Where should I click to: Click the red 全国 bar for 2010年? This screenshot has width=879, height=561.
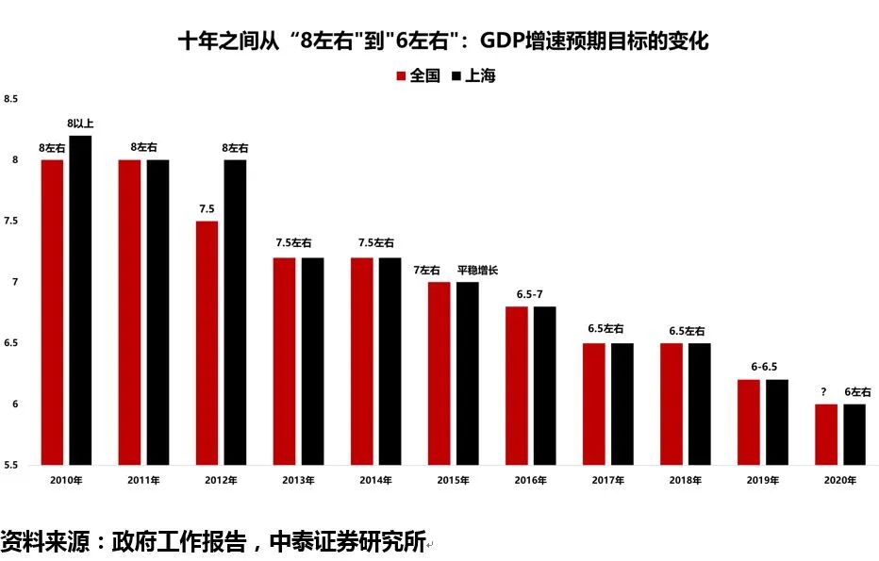(x=52, y=312)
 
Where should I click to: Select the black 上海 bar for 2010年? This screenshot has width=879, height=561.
(x=80, y=300)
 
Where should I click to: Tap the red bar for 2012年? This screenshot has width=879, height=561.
(x=207, y=342)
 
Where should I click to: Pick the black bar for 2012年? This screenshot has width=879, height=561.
(x=235, y=312)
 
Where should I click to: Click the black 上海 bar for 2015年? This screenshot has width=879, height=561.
(x=467, y=373)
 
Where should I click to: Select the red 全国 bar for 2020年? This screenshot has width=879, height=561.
(x=825, y=435)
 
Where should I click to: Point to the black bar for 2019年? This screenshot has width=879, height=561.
(x=776, y=422)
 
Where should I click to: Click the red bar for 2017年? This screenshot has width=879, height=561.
(x=593, y=404)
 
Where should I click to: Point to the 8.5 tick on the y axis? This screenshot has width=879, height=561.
(x=11, y=99)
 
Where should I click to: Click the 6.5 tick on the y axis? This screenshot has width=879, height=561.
(x=11, y=343)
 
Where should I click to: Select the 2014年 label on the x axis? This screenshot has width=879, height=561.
(x=374, y=480)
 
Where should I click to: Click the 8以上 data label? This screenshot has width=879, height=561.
(x=80, y=124)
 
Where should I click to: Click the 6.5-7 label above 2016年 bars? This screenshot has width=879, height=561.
(x=530, y=294)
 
